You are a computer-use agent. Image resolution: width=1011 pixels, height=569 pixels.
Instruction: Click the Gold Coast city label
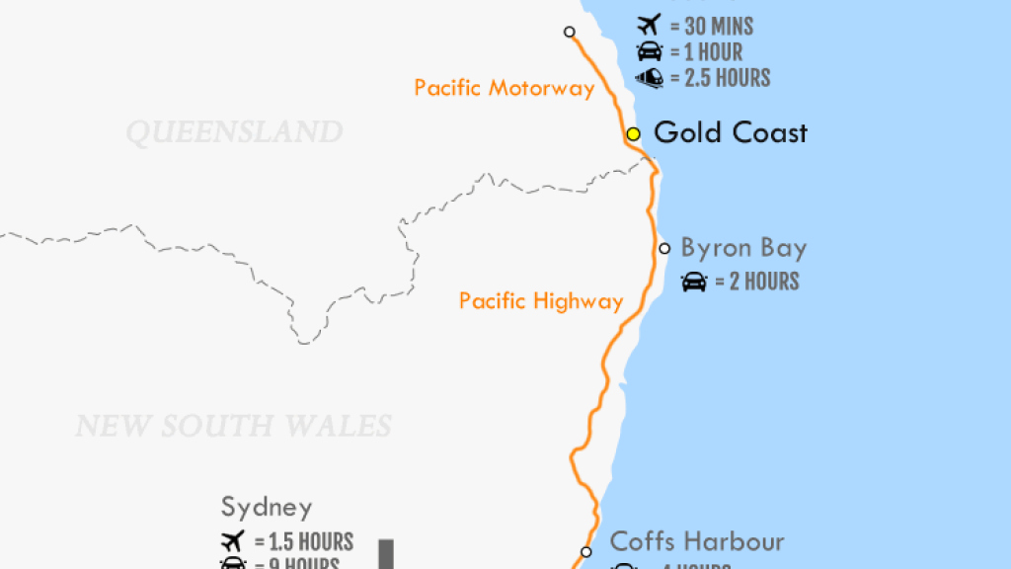(731, 132)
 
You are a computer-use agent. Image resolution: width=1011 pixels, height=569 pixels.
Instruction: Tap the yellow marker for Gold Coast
(633, 133)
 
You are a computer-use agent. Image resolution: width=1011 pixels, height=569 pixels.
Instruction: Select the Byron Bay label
(743, 248)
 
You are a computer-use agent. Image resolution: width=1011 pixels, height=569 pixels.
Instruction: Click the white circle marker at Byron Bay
(664, 248)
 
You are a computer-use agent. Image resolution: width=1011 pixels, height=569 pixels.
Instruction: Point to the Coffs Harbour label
(697, 541)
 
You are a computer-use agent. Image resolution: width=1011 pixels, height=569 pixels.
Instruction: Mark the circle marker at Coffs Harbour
(586, 552)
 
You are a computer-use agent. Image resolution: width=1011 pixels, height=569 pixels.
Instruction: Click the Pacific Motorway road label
(505, 88)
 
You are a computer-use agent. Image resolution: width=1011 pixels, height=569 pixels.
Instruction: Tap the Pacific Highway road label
(541, 301)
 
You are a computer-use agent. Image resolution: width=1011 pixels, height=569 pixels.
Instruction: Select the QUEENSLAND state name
(234, 132)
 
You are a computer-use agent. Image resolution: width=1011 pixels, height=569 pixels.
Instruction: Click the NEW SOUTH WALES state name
(234, 426)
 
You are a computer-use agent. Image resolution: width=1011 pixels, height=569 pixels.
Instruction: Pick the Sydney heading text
(267, 508)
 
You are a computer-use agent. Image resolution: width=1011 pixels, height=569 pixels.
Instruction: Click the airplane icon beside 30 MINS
(649, 26)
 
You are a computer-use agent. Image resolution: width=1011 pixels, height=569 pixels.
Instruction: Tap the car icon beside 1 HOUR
(649, 52)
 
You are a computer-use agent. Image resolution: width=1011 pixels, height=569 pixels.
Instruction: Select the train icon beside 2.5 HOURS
(649, 78)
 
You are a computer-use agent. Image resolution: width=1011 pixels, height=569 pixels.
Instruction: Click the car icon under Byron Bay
(694, 282)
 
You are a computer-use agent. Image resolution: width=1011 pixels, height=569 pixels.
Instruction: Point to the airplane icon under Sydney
(233, 541)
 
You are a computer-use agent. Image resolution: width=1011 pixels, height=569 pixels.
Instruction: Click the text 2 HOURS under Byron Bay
(764, 282)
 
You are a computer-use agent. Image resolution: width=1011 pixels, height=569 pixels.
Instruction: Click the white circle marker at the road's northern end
(570, 32)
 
